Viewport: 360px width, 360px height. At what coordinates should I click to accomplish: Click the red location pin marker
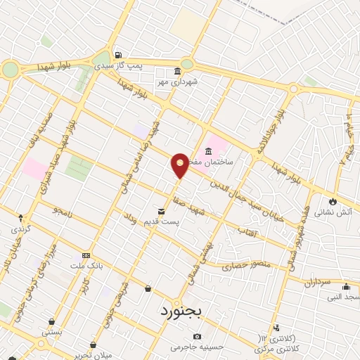[x=181, y=165]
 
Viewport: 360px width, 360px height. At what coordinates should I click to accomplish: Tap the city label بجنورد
[x=181, y=310]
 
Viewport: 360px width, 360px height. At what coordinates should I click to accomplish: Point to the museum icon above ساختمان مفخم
[x=209, y=151]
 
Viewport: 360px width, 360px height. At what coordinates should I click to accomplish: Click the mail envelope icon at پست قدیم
[x=162, y=211]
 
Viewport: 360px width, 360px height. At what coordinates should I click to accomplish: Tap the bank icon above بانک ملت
[x=86, y=255]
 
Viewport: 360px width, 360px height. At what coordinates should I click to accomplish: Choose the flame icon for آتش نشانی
[x=332, y=201]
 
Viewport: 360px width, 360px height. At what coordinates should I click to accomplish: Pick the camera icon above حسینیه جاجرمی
[x=197, y=335]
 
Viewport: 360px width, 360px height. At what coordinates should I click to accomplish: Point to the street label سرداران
[x=318, y=283]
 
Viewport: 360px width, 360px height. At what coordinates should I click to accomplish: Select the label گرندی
[x=19, y=229]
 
